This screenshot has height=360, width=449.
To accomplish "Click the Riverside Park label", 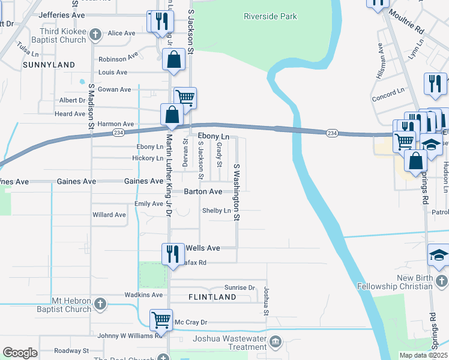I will tap(270, 16).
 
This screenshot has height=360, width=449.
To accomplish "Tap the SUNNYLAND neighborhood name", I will tap(49, 64).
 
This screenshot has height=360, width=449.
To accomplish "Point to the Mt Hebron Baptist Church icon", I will tap(100, 304).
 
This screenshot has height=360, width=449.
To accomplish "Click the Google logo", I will tap(20, 352).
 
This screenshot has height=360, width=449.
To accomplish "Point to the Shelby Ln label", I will tap(217, 211).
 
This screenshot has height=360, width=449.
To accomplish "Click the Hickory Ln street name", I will tap(148, 158).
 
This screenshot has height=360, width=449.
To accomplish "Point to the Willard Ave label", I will tap(109, 214).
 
